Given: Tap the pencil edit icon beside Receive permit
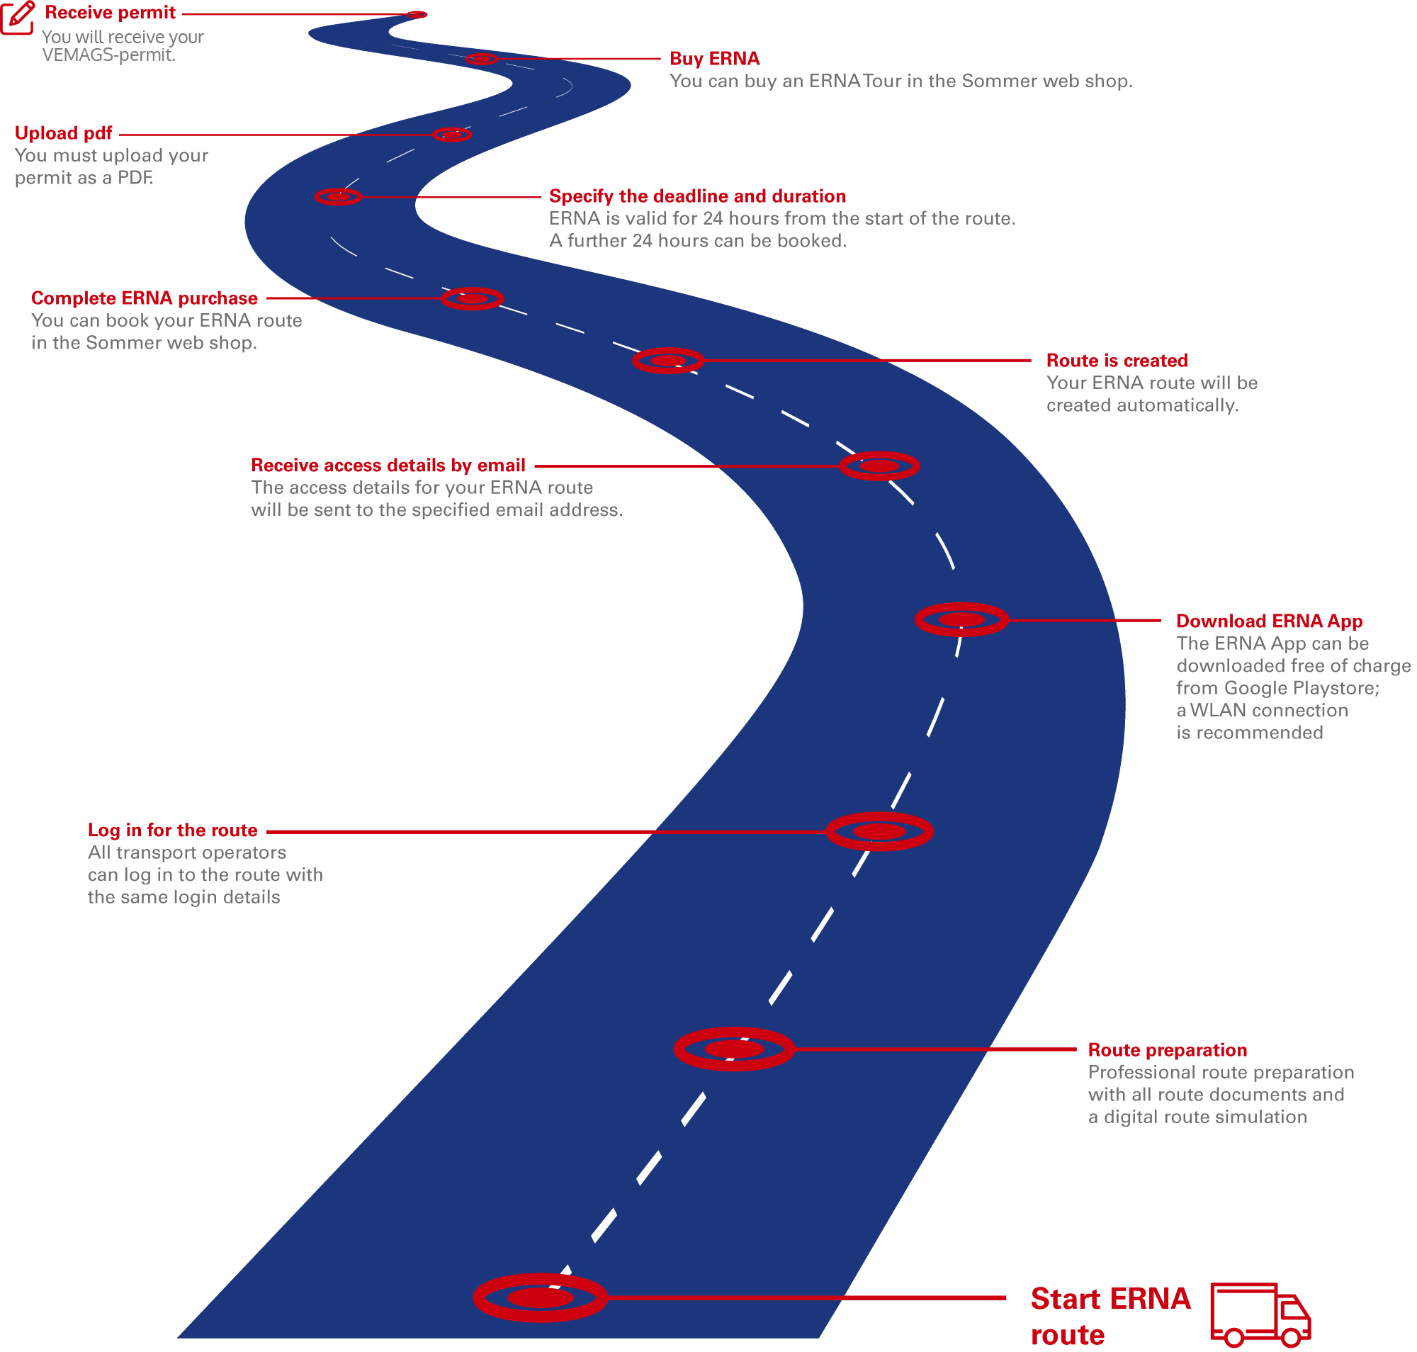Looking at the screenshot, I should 17,17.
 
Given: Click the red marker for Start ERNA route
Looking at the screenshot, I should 541,1300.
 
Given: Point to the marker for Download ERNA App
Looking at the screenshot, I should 962,621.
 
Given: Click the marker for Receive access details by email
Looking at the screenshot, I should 880,467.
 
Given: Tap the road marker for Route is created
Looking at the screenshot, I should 669,361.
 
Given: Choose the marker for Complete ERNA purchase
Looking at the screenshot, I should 473,299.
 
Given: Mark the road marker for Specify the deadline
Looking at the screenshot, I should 339,198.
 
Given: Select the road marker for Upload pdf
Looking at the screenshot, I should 453,135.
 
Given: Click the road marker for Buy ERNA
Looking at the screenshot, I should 482,59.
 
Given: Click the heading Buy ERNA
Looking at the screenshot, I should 715,59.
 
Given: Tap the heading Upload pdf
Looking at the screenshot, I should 64,133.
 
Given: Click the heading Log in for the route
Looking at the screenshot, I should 172,831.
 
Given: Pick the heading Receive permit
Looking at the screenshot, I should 111,13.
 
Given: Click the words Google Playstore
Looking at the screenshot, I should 1302,689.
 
